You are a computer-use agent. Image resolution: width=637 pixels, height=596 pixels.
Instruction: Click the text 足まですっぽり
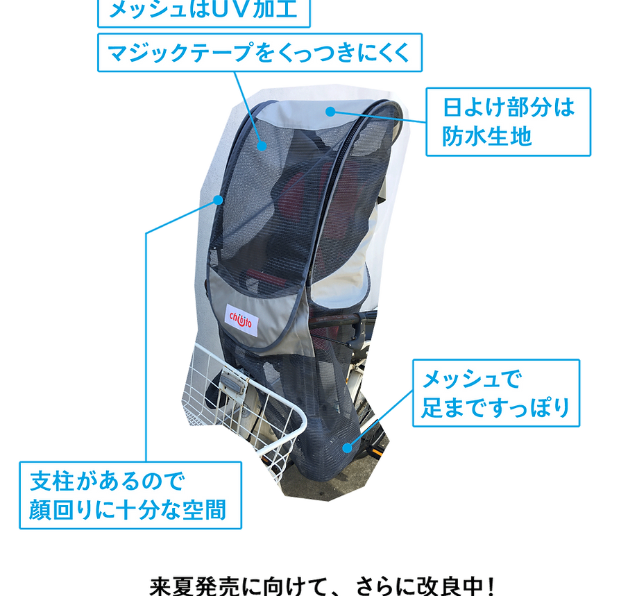click(x=495, y=407)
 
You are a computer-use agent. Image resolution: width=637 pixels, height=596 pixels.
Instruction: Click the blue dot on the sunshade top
click(x=331, y=110)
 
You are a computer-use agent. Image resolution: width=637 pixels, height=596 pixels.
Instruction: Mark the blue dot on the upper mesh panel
click(x=262, y=145)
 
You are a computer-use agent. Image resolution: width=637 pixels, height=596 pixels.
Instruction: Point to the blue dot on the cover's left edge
click(x=218, y=200)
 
